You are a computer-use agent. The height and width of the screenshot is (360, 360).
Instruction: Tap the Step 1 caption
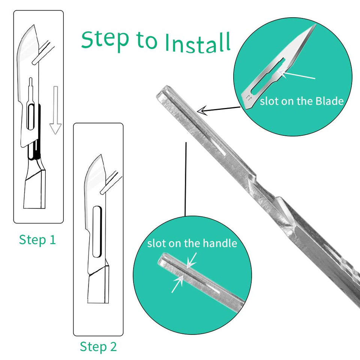point(37,240)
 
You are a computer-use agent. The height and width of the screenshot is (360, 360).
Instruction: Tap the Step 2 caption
point(98,346)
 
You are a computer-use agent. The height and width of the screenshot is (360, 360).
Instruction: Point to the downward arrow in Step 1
point(55,110)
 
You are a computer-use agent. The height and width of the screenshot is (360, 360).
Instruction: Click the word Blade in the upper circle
point(330,101)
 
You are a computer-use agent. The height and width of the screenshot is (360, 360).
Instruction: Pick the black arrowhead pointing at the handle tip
point(202,111)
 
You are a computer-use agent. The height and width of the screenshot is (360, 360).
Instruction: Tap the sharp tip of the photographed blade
point(316,24)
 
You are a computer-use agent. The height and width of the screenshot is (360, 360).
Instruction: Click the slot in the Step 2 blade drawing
point(97,232)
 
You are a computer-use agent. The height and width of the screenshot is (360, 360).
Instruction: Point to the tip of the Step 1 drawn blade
point(34,25)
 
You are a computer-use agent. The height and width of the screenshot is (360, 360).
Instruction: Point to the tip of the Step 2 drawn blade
point(101,155)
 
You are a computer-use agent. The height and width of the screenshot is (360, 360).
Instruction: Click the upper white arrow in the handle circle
point(192,260)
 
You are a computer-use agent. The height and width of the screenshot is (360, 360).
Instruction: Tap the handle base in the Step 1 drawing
point(34,188)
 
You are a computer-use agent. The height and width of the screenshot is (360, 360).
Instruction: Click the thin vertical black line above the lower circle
point(186,179)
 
